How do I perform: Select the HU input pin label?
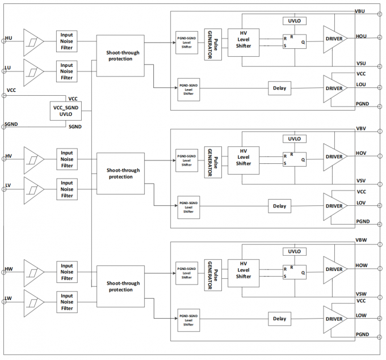coord(9,38)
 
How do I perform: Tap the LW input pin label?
coord(9,298)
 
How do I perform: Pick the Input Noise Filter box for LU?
coord(67,71)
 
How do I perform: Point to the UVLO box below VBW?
coord(293,251)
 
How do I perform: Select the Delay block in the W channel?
coord(279,319)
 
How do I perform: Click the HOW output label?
coord(361,265)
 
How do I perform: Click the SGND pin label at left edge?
coord(12,123)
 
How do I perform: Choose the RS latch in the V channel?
coord(294,160)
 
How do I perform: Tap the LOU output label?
coord(361,85)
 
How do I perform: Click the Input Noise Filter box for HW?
coord(67,272)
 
